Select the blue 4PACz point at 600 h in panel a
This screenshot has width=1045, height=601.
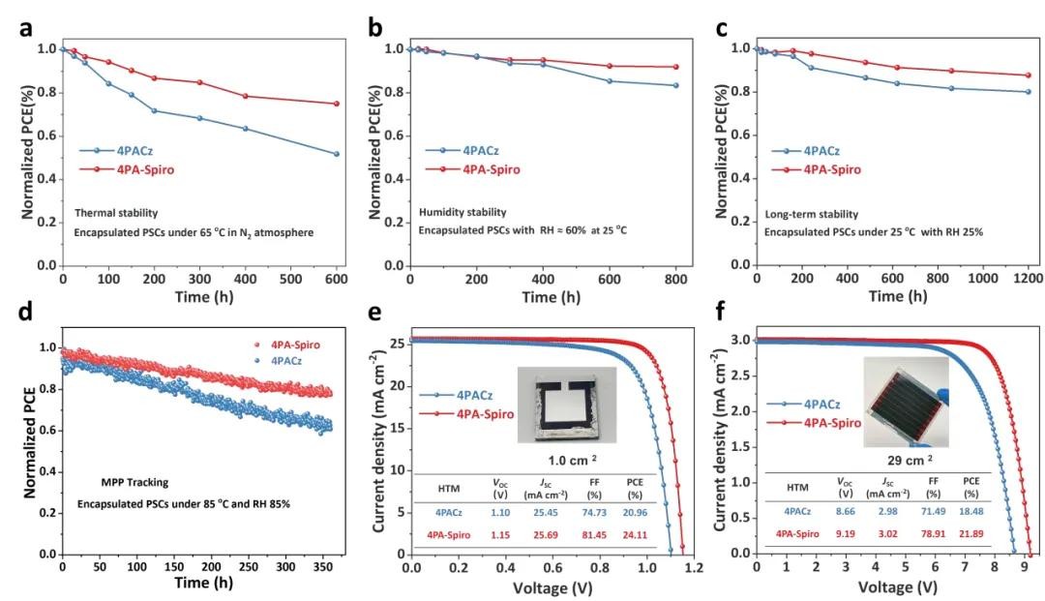tap(337, 154)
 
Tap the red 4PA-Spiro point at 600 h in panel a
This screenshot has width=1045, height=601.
tap(337, 104)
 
